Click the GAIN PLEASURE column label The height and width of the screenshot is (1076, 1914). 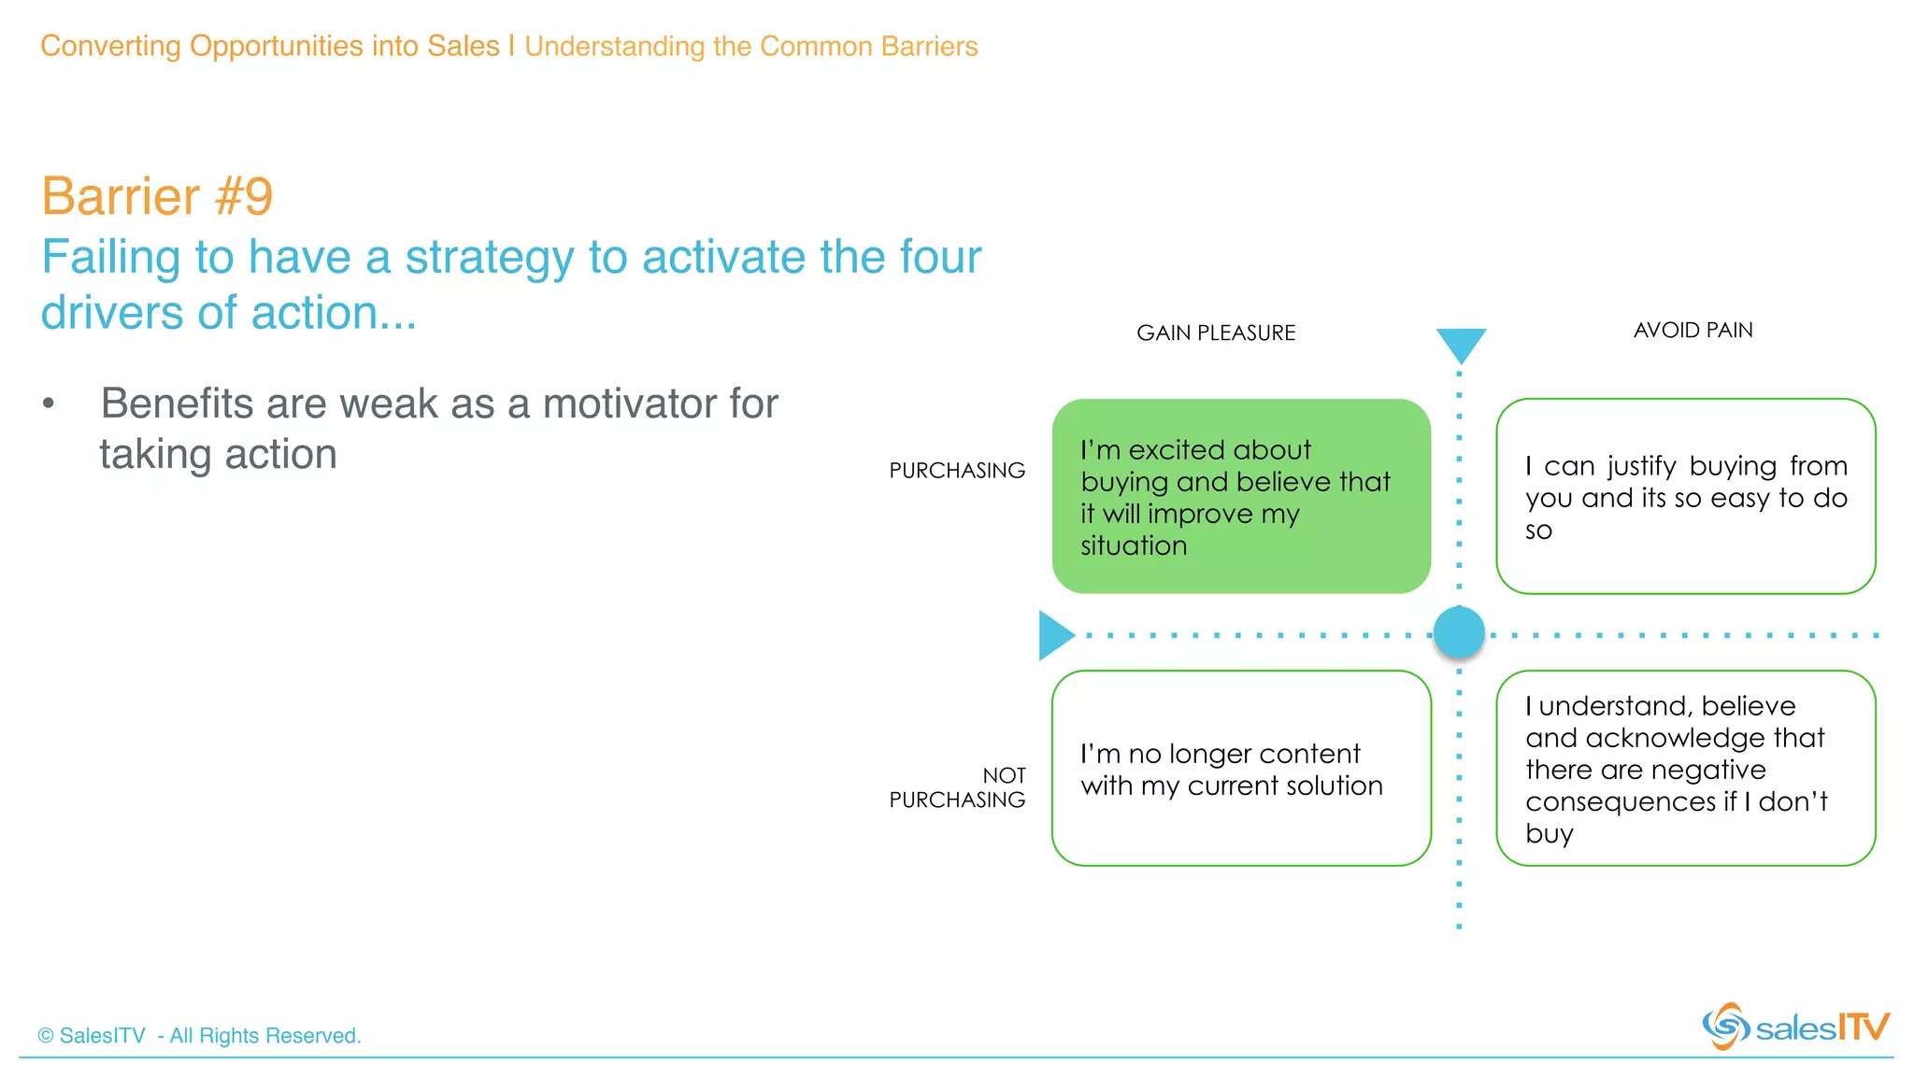(x=1215, y=333)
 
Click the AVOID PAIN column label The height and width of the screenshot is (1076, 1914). (x=1693, y=330)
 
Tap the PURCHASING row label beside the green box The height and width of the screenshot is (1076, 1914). (x=956, y=470)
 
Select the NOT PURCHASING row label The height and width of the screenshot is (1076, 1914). (x=957, y=787)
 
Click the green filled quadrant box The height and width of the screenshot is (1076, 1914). (x=1241, y=496)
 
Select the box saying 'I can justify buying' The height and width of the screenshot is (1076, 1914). (x=1685, y=496)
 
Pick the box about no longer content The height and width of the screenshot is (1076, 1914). (x=1241, y=768)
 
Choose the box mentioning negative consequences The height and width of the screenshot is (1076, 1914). (x=1685, y=768)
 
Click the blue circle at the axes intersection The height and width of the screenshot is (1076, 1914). (x=1459, y=632)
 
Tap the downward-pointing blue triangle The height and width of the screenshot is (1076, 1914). (x=1461, y=343)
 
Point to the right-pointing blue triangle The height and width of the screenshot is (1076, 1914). (x=1054, y=635)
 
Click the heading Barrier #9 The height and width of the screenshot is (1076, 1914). (x=157, y=196)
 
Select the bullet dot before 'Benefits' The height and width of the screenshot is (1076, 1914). (x=49, y=403)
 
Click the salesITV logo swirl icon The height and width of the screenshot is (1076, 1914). (x=1724, y=1026)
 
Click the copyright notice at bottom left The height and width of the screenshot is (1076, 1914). (x=199, y=1036)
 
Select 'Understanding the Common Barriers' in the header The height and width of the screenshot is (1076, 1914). (x=750, y=46)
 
